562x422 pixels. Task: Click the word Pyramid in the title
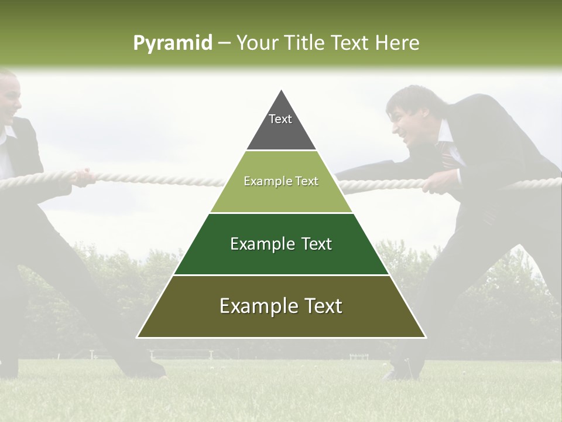172,43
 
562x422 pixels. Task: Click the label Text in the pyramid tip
280,119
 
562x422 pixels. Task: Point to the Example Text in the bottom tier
281,306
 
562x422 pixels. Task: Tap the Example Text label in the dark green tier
281,244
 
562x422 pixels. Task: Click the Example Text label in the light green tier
281,181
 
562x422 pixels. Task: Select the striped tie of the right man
448,156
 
